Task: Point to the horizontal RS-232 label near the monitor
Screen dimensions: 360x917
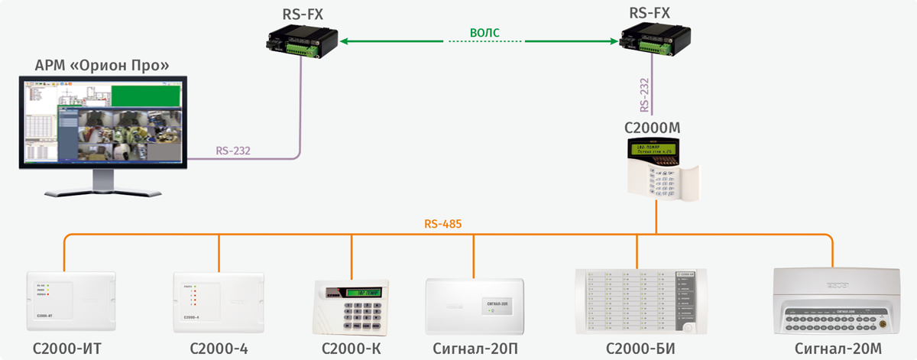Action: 233,151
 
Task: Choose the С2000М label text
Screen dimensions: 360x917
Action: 653,127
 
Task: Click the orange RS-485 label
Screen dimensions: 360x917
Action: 442,225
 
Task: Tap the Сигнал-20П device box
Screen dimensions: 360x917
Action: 474,305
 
